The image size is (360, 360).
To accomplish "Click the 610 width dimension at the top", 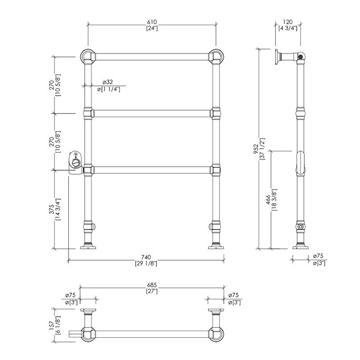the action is point(152,22).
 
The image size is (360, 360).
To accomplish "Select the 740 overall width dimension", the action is point(146,257).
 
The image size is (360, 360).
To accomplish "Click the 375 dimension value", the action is point(51,210).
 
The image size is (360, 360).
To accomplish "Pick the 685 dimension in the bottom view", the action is point(152,285).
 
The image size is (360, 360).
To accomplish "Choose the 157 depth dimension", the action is point(51,326).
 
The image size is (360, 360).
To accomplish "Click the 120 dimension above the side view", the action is point(287,22).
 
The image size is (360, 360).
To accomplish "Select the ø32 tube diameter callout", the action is point(107,82).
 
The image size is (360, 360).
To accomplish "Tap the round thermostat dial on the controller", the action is point(76,163).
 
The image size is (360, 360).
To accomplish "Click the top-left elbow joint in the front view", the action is point(87,57).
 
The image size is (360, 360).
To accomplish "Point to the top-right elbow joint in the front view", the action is point(216,57).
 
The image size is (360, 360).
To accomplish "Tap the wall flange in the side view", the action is point(278,57).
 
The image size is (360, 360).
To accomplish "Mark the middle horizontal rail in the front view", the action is point(152,114).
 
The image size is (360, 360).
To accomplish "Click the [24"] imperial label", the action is point(152,28).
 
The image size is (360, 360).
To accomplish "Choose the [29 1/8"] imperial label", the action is point(146,263).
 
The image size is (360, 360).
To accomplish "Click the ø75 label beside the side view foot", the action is point(318,256).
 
